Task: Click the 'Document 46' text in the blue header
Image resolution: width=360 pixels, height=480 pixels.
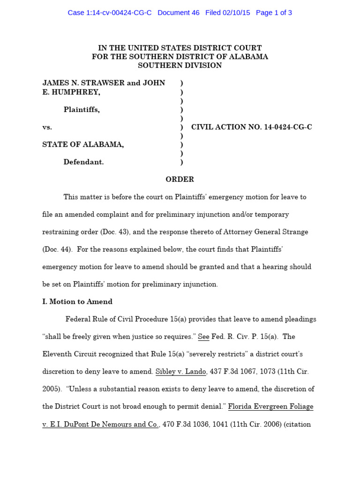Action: pyautogui.click(x=178, y=13)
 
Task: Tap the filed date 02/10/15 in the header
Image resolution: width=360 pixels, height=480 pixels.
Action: pyautogui.click(x=237, y=13)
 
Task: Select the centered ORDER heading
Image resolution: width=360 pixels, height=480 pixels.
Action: pyautogui.click(x=180, y=180)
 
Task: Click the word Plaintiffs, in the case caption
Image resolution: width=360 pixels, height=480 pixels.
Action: pyautogui.click(x=82, y=110)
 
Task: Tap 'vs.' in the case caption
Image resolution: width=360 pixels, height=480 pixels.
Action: pyautogui.click(x=47, y=127)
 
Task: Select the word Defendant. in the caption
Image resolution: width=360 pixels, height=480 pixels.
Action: pyautogui.click(x=83, y=162)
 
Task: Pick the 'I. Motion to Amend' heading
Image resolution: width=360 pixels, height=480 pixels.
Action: pyautogui.click(x=77, y=302)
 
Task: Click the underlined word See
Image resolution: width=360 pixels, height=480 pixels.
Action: pyautogui.click(x=203, y=337)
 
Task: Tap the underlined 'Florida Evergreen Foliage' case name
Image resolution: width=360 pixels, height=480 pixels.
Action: pyautogui.click(x=270, y=406)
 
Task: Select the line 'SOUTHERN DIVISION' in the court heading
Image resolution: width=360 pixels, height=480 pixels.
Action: pyautogui.click(x=180, y=66)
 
